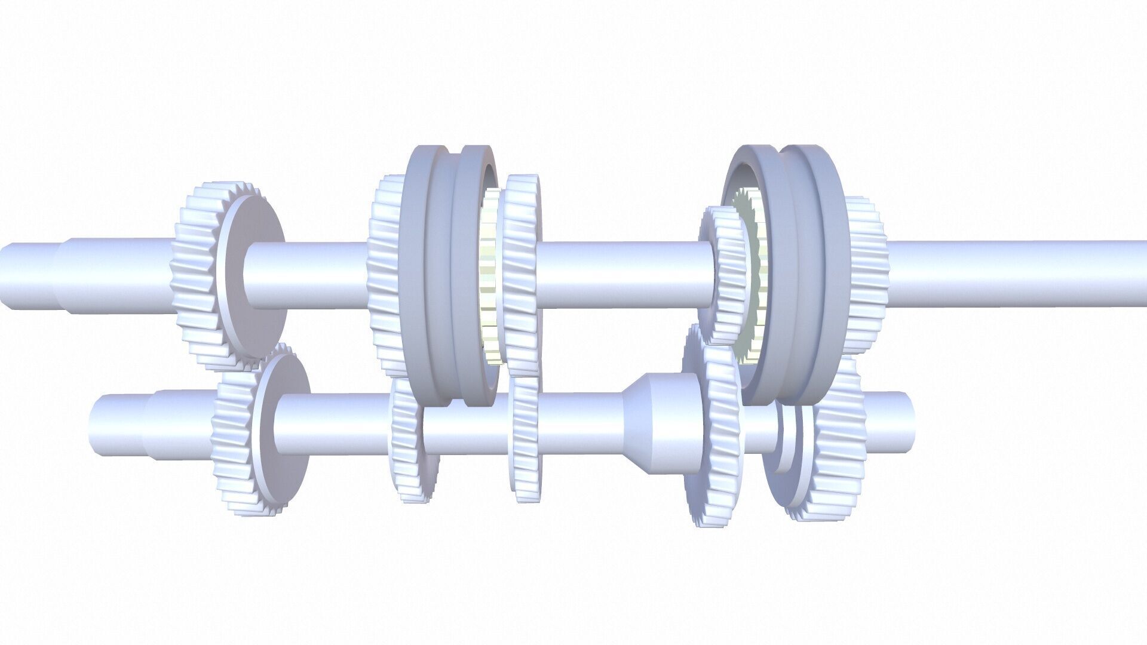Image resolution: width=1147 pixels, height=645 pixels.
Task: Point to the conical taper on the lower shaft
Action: pos(633,424)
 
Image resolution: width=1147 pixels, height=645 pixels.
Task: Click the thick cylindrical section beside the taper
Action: pos(672,424)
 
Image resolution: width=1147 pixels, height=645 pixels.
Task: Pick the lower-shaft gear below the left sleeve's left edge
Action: pos(406,442)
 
